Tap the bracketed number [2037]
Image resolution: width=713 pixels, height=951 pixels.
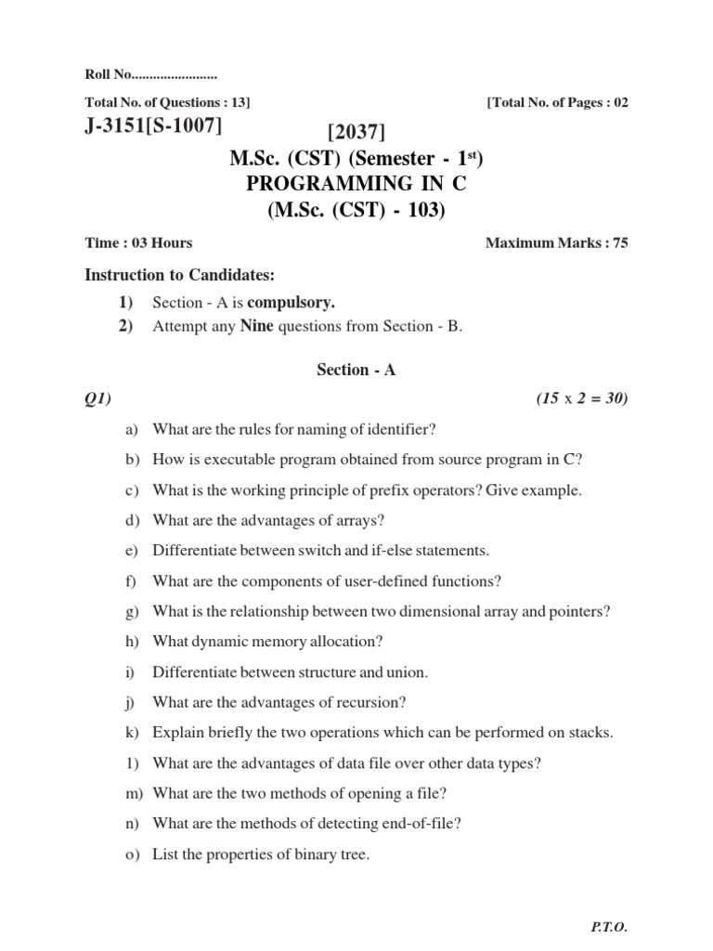pyautogui.click(x=356, y=137)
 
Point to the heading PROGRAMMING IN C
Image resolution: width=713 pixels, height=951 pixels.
pyautogui.click(x=356, y=185)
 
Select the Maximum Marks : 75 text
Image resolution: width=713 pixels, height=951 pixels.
pyautogui.click(x=557, y=243)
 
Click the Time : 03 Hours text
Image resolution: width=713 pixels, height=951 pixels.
pyautogui.click(x=138, y=243)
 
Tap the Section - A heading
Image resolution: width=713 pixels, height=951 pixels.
pyautogui.click(x=356, y=370)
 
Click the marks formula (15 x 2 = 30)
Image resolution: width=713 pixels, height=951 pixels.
pyautogui.click(x=582, y=399)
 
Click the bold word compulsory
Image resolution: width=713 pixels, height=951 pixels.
pyautogui.click(x=291, y=302)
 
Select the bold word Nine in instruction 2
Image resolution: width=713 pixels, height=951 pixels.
pyautogui.click(x=256, y=326)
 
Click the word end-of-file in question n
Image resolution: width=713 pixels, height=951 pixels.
pyautogui.click(x=414, y=823)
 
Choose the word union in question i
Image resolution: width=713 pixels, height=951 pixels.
pyautogui.click(x=408, y=671)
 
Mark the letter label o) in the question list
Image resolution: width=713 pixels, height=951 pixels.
pyautogui.click(x=131, y=853)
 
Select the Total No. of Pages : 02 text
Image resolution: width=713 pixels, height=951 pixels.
pyautogui.click(x=557, y=102)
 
